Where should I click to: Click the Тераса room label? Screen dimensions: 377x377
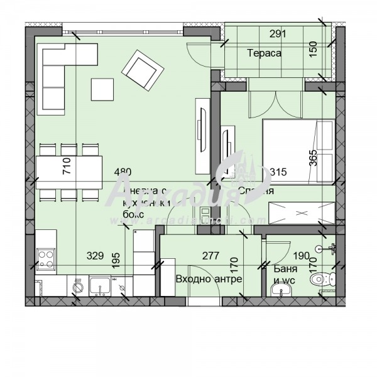[264, 53]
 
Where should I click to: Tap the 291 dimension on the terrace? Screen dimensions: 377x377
[278, 35]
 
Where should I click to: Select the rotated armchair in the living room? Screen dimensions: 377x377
[141, 69]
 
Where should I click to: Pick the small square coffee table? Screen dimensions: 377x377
[102, 89]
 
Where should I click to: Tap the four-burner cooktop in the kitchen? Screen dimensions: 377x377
[46, 257]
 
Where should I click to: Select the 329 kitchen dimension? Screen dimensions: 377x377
[95, 255]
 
